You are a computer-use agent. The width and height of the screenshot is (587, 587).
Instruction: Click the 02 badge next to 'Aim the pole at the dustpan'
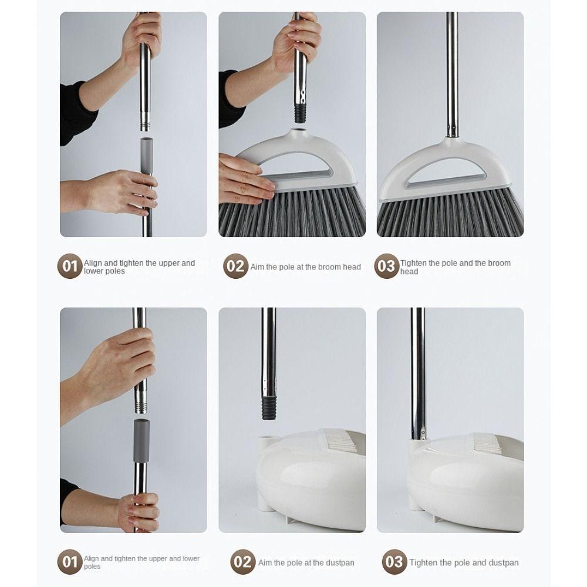[242, 562]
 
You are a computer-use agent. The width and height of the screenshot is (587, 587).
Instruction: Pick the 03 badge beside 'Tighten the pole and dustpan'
[394, 562]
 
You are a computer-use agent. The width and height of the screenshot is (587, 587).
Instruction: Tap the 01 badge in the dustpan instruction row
[69, 562]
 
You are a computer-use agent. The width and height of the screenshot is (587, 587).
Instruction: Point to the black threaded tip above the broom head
[301, 110]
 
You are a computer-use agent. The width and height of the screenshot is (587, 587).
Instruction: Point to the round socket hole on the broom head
[300, 133]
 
